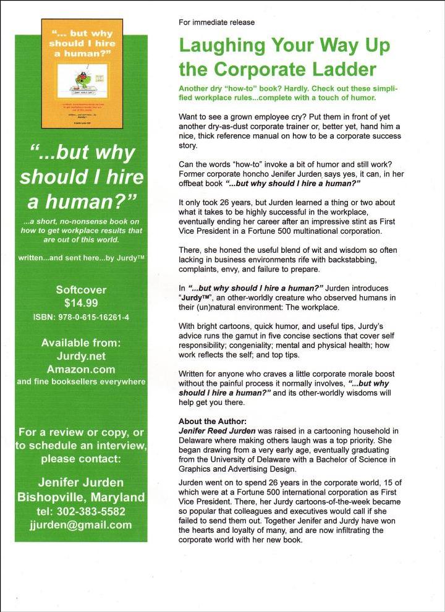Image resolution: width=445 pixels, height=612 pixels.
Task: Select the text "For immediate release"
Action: click(216, 22)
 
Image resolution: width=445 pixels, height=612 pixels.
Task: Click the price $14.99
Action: click(81, 303)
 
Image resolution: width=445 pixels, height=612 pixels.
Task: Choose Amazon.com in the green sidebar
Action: click(81, 369)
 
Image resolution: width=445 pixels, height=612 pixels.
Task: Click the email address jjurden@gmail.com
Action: click(81, 525)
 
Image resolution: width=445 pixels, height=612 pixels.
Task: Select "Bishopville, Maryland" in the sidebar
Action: click(81, 497)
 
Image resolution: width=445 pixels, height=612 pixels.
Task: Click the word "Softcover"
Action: click(81, 289)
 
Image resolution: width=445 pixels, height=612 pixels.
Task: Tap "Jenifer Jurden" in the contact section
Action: click(81, 482)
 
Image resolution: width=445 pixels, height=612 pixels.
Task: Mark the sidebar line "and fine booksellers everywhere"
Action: click(81, 382)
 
